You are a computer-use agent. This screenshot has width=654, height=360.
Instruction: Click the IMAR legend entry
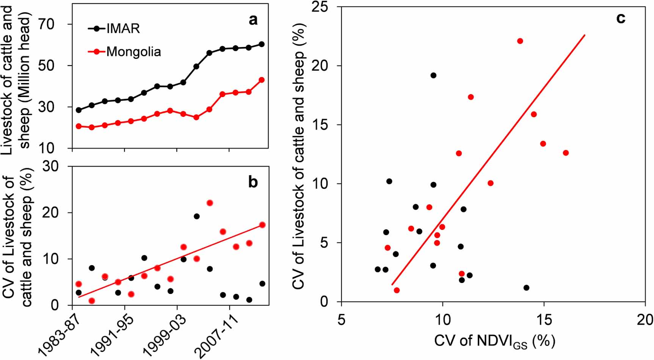122,28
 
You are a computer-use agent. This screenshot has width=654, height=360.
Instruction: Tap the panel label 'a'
253,20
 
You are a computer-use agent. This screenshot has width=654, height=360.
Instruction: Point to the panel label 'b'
253,182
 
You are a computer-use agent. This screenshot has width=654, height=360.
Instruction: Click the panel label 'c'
621,18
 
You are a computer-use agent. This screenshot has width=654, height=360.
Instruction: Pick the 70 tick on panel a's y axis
47,24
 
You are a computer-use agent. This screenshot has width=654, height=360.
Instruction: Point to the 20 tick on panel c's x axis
645,320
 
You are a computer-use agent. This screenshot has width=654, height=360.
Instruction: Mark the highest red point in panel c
520,41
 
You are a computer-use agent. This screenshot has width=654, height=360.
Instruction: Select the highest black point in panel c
433,75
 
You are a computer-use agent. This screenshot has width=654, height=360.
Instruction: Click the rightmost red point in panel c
566,153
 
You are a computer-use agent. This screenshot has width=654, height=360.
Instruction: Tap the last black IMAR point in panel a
262,44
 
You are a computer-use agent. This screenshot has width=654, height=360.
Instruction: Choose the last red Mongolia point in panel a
262,80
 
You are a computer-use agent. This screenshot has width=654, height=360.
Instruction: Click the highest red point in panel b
210,203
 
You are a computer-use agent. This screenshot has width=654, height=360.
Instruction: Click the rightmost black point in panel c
526,288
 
